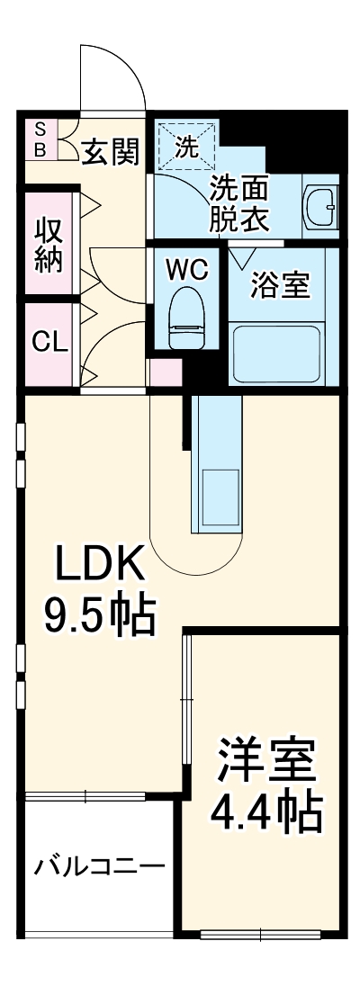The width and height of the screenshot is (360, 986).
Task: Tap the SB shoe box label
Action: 40,138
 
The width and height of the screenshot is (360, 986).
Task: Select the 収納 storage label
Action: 47,243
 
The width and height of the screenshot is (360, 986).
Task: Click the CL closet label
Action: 47,342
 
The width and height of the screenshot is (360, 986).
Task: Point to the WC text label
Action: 187,268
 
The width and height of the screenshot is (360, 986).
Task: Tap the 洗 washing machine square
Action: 186,147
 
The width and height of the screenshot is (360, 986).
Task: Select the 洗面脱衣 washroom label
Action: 240,204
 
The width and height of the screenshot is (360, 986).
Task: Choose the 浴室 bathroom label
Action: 280,286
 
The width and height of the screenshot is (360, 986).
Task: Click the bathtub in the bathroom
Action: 278,353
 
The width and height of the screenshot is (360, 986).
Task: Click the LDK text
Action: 99,568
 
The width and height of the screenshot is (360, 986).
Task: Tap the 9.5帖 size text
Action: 99,617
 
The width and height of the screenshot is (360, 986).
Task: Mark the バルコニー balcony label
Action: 99,866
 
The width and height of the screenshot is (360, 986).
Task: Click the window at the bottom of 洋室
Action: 261,935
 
